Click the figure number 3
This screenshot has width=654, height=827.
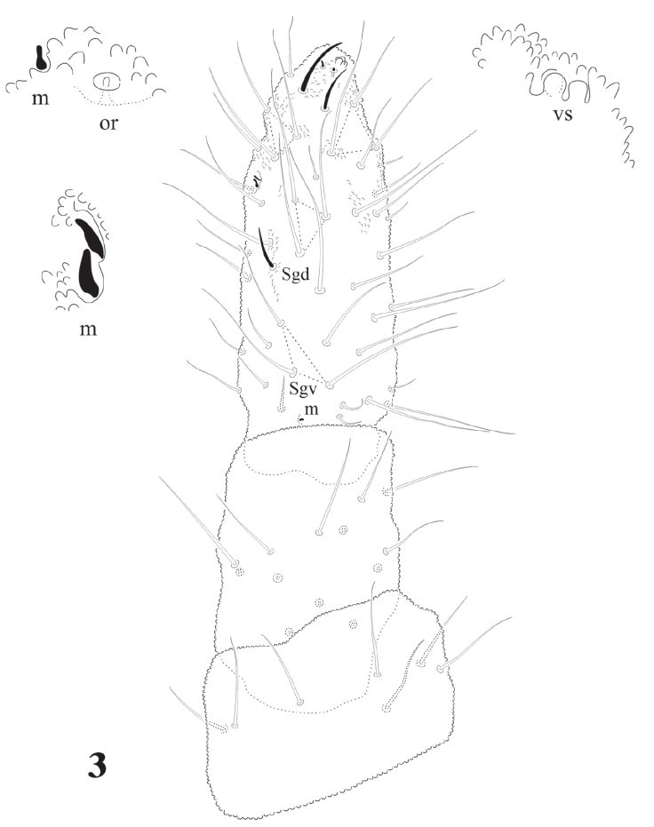(97, 766)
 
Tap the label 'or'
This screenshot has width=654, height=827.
(108, 123)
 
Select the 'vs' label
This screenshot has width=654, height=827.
(562, 114)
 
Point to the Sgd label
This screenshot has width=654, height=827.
(295, 274)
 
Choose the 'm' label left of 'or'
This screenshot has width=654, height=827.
(41, 98)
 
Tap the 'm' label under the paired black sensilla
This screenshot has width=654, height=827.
(89, 330)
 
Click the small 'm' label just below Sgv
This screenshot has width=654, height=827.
(312, 410)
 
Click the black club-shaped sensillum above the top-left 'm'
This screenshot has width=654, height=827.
(41, 58)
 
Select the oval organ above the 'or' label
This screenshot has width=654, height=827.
(107, 81)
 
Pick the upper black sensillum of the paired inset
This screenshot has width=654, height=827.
(89, 236)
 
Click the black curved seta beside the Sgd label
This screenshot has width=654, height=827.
(266, 247)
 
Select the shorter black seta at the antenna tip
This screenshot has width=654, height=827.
(331, 90)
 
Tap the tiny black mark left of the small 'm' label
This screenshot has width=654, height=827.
(301, 419)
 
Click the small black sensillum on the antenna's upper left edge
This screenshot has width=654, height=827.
(256, 180)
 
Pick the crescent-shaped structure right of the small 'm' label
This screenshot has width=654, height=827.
(352, 406)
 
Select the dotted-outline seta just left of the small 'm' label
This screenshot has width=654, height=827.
(283, 394)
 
